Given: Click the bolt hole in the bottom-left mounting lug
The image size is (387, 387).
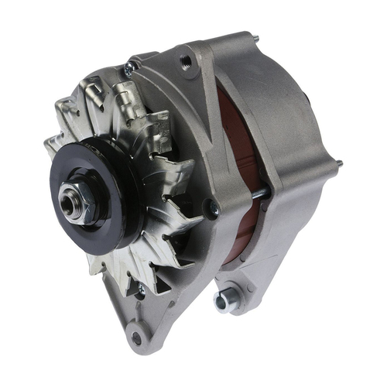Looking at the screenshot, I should (x=137, y=337).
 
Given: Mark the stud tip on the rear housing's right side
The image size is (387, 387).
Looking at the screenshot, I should (x=339, y=163).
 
